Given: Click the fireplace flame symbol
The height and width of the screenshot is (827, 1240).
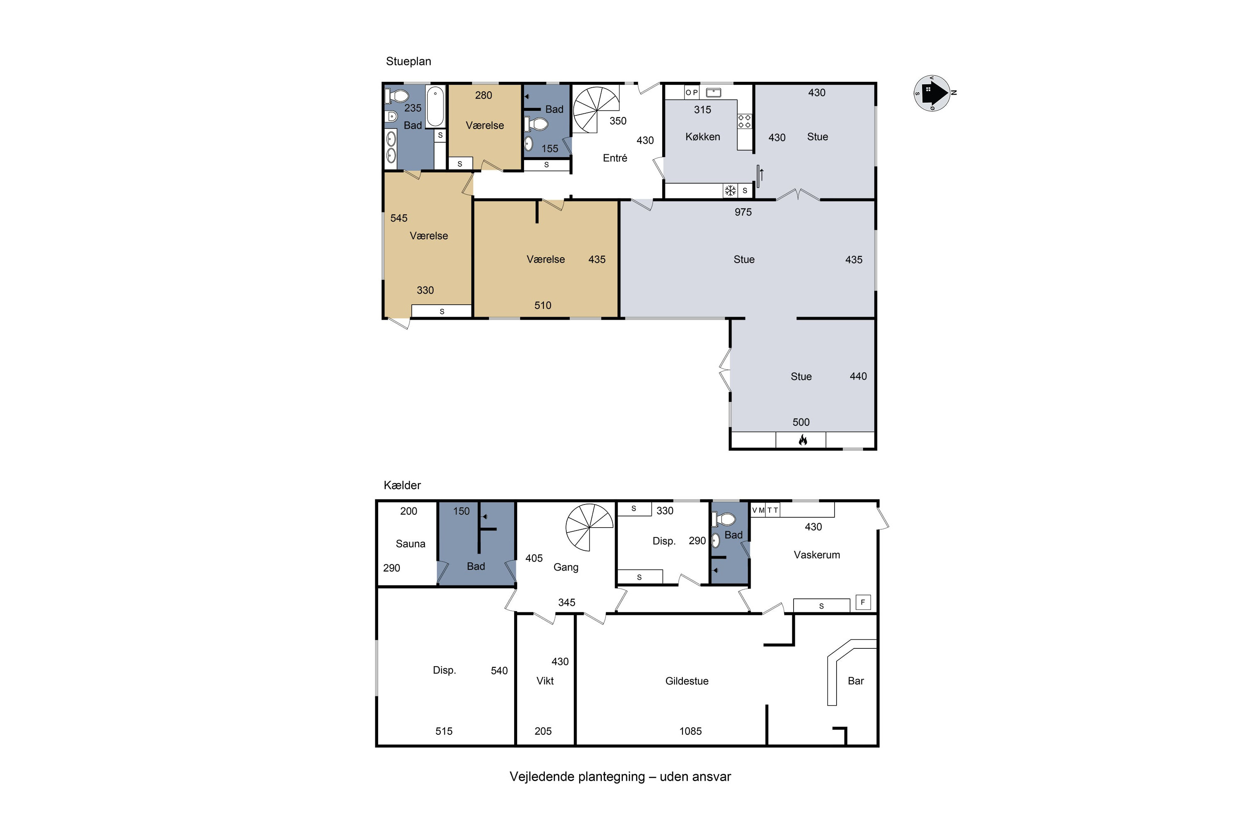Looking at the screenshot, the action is tap(802, 440).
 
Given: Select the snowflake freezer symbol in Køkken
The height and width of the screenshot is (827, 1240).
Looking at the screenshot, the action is tap(730, 190).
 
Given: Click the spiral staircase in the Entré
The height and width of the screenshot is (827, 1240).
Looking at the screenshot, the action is tap(596, 110).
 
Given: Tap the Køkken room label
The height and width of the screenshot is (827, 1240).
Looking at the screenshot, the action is tap(702, 136).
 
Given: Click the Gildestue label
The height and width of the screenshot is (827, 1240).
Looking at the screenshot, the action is tap(687, 681).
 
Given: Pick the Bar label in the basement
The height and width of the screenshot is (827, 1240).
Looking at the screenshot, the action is tap(856, 681).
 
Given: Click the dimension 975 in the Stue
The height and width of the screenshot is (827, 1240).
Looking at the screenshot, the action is tap(743, 212).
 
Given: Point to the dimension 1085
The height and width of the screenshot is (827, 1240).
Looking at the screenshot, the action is tap(690, 731).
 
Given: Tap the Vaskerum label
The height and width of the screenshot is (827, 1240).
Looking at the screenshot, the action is tap(817, 555).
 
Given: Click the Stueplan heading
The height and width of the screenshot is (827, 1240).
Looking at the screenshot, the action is tap(409, 62).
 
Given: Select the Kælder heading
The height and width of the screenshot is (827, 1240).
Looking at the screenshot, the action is tap(402, 485).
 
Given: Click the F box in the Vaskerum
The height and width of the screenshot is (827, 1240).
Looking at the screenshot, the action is tap(863, 602).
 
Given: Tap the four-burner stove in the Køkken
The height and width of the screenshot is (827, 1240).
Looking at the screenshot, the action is tap(744, 121).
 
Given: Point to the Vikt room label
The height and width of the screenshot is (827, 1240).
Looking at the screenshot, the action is tap(545, 681).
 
